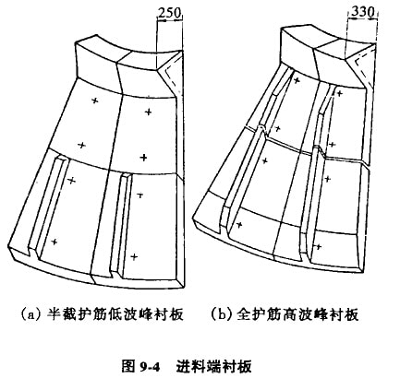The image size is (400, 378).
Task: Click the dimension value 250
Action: tap(169, 13)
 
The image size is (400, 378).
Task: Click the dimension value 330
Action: tap(362, 11)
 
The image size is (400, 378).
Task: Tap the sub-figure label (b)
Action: tap(222, 314)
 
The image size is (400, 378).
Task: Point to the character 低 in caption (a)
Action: tap(116, 314)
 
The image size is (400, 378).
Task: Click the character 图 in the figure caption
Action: tap(128, 366)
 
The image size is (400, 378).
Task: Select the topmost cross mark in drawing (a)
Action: tap(95, 100)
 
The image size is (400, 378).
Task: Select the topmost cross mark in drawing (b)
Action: tap(297, 80)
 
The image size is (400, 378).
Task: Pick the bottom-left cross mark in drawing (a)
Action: tap(55, 242)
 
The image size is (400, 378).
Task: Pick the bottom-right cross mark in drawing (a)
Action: tap(134, 256)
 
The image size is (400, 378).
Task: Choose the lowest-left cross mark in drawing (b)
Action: tap(239, 225)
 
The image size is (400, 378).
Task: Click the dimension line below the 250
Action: tap(170, 21)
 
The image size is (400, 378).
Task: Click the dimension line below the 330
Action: tap(362, 19)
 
